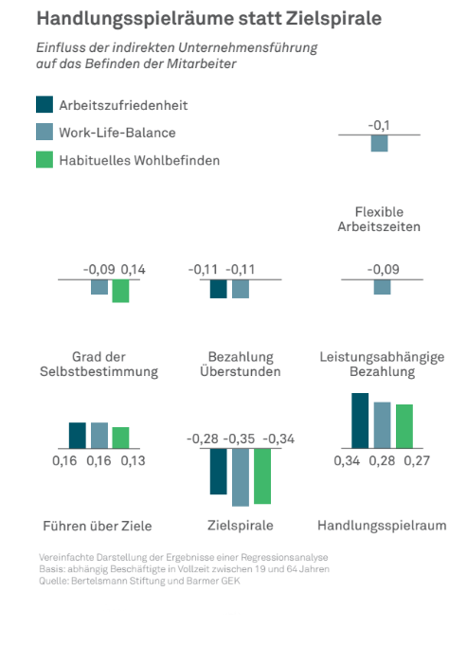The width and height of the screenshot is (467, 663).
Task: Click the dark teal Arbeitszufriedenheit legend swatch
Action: pos(45,104)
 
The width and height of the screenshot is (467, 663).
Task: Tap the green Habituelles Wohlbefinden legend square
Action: pos(45,159)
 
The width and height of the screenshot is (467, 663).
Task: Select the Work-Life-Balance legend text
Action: pos(117,133)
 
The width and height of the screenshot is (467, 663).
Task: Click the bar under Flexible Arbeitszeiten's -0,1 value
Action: pos(379,143)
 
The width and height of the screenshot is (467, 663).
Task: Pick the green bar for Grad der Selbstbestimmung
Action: pos(120,291)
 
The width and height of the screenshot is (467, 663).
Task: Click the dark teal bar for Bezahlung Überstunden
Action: pos(218,289)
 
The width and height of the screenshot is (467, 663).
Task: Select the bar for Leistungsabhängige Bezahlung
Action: pos(382,287)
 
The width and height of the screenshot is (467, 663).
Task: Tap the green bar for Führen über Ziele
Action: pos(120,438)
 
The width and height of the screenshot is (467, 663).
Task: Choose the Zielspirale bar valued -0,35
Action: pos(241,477)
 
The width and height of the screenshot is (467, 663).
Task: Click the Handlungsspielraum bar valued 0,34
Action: pos(360,421)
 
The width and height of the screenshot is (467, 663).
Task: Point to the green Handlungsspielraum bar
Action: pos(404,426)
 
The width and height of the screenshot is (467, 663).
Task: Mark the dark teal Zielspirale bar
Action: pos(218,472)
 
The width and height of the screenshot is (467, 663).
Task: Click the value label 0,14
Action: pos(133,269)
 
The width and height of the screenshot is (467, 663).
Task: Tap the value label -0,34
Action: pos(278,439)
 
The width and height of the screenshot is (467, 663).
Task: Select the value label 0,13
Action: pos(133,460)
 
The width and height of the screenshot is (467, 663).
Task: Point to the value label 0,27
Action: pos(417,460)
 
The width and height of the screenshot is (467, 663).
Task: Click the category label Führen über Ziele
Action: pos(98,526)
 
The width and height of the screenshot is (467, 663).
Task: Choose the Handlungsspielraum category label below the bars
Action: pos(382,526)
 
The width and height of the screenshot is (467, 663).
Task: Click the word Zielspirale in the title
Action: pos(333,19)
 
